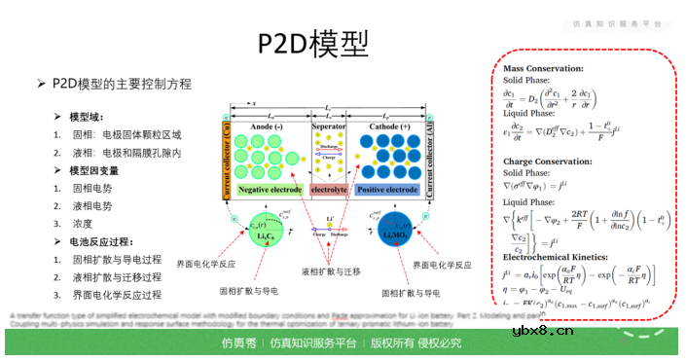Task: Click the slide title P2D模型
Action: pos(313,44)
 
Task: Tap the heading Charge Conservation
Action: pos(544,162)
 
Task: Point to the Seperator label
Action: pos(329,127)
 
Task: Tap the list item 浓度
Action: pos(84,224)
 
